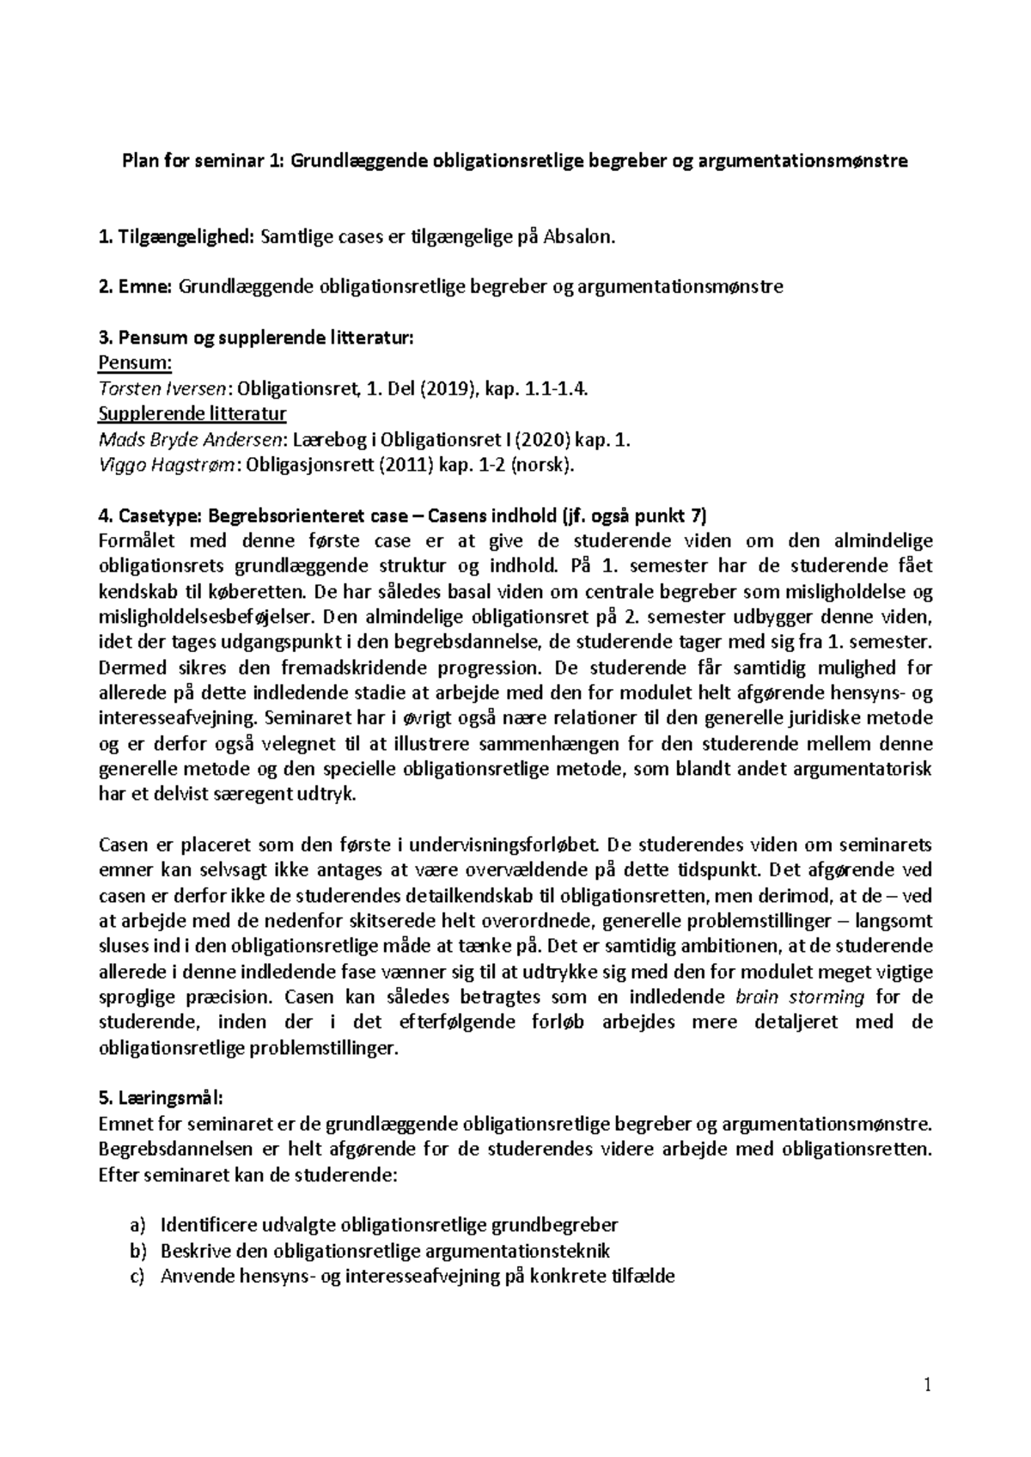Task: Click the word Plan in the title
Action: tap(140, 161)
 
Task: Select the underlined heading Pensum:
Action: tap(136, 363)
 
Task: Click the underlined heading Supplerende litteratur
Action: tap(192, 414)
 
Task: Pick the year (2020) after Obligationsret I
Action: tap(544, 440)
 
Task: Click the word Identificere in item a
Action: tap(206, 1225)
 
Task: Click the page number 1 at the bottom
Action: tap(927, 1385)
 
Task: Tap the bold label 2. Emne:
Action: tap(137, 287)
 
